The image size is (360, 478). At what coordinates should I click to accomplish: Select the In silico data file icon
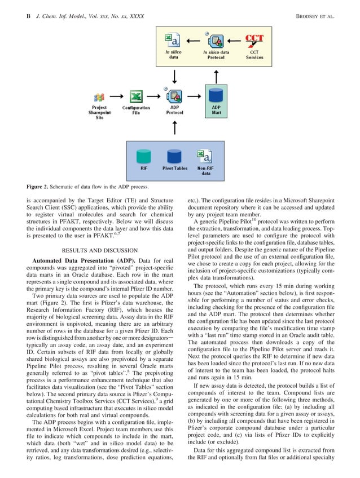(x=173, y=41)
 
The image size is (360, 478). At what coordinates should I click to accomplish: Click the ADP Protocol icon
(x=174, y=96)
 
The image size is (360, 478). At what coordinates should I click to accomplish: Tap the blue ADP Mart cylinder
(x=216, y=95)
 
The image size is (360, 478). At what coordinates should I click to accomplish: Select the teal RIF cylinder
(x=144, y=156)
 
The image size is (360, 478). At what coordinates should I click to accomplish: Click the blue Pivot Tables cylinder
(x=174, y=156)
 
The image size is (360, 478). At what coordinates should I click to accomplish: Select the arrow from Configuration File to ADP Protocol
(x=155, y=96)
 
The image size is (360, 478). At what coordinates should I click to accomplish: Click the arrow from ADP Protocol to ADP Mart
(x=195, y=96)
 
